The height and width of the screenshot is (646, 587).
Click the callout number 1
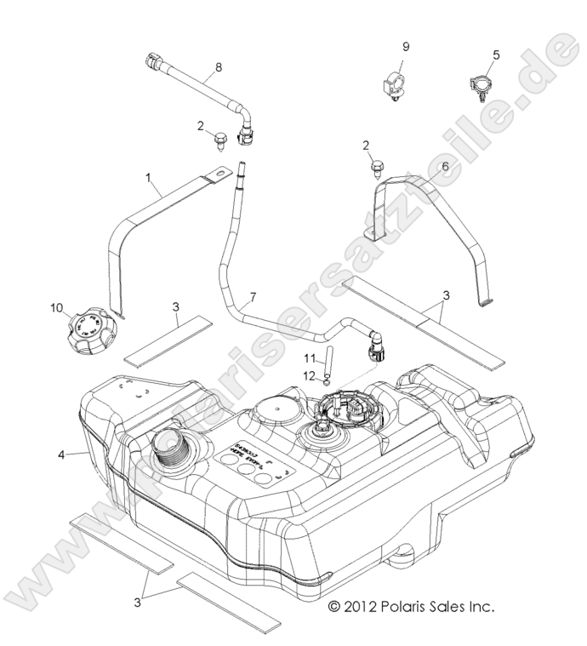[x=149, y=178]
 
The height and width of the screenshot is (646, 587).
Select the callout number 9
[x=406, y=44]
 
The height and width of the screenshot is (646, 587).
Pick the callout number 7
[x=251, y=299]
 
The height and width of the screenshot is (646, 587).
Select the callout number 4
[x=61, y=454]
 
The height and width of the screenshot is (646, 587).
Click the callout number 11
[x=311, y=357]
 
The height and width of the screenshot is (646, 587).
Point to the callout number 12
[x=311, y=375]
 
